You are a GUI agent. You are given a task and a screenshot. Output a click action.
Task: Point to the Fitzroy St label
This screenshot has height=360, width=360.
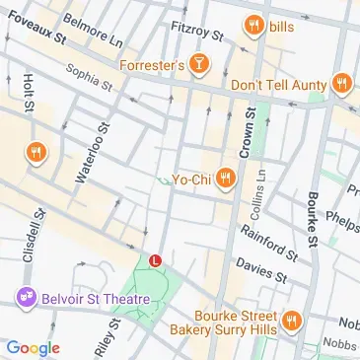[198, 32]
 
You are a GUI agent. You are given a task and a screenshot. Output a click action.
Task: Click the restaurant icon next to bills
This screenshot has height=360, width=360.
[253, 27]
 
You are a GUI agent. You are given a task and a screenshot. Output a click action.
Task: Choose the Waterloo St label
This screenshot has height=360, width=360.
[93, 152]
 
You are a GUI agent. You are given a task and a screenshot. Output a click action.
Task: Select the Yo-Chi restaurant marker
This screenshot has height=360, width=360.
[227, 179]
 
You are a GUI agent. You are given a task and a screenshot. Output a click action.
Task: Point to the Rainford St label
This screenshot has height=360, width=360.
[266, 241]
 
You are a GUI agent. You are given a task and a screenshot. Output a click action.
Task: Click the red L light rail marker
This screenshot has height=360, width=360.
[155, 259]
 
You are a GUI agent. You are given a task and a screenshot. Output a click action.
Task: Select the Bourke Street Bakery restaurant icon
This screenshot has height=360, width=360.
[292, 320]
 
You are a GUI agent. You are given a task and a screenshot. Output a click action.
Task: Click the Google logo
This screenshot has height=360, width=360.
[33, 347]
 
